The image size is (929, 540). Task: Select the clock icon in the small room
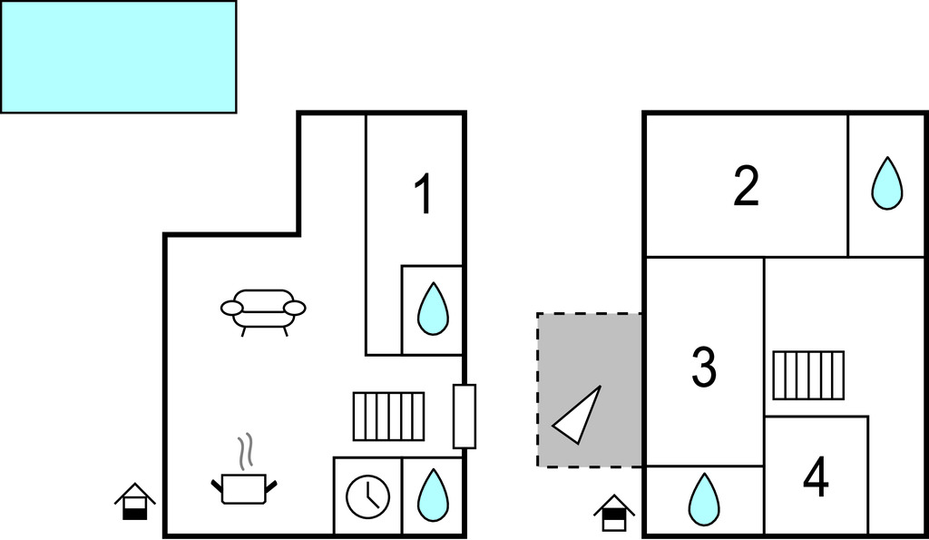tap(368, 496)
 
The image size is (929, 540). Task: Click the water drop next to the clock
tap(433, 496)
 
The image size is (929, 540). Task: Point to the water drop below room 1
tap(433, 309)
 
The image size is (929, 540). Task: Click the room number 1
tap(424, 194)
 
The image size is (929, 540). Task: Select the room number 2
tap(746, 186)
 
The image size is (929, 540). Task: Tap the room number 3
tap(704, 368)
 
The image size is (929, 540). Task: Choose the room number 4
tap(816, 477)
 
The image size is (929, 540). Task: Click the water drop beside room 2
tap(887, 183)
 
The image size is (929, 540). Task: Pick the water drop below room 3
tap(704, 499)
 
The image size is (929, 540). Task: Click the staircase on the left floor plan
tap(388, 416)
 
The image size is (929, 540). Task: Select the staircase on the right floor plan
tap(808, 375)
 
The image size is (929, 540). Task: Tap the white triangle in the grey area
tap(576, 415)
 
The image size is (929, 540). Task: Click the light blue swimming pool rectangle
tap(119, 56)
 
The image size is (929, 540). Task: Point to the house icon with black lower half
tap(135, 502)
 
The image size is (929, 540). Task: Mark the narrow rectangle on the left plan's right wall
tap(464, 416)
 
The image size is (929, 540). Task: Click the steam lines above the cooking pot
tap(246, 452)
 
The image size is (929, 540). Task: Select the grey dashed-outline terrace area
tap(590, 390)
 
